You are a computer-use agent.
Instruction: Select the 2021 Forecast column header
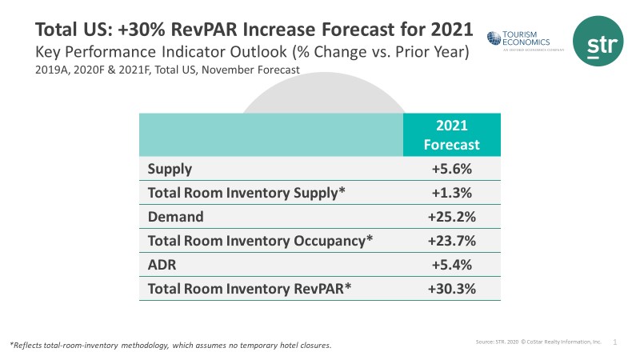pos(452,134)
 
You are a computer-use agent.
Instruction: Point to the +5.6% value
pos(452,170)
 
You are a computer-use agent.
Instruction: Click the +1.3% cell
pos(452,193)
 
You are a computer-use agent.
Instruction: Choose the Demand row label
pos(176,216)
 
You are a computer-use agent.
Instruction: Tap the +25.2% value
pos(452,216)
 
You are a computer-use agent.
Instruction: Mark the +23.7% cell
pos(452,240)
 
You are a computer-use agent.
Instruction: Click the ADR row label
pos(163,263)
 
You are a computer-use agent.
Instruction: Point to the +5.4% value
pos(452,263)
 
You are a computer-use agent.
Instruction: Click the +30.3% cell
pos(452,287)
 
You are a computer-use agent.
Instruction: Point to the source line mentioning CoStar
pos(538,342)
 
